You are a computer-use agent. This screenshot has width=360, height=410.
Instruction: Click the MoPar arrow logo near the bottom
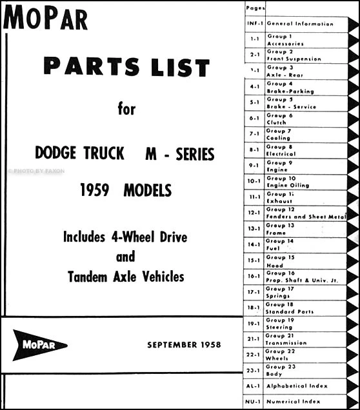coord(40,345)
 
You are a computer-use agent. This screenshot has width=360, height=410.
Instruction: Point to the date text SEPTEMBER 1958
coord(183,345)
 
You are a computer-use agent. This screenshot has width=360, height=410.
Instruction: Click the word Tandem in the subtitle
coord(94,277)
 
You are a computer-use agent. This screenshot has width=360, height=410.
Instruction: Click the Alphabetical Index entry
coord(296,386)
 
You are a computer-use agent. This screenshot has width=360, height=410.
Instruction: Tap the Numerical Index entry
coord(293,402)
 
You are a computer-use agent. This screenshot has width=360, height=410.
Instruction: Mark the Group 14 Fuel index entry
coord(281,245)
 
